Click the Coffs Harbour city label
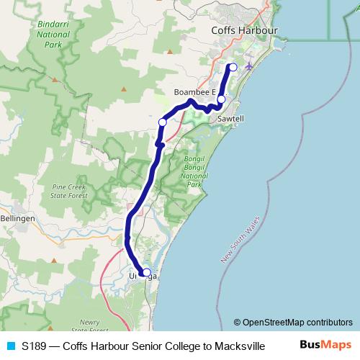pyautogui.click(x=244, y=31)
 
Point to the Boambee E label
pyautogui.click(x=195, y=92)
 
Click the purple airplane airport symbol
pyautogui.click(x=249, y=66)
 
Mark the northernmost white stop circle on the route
pyautogui.click(x=233, y=68)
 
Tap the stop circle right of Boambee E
pyautogui.click(x=222, y=99)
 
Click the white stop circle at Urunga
pyautogui.click(x=147, y=273)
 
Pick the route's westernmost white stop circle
pyautogui.click(x=163, y=123)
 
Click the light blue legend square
pyautogui.click(x=10, y=346)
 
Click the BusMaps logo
pyautogui.click(x=325, y=345)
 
